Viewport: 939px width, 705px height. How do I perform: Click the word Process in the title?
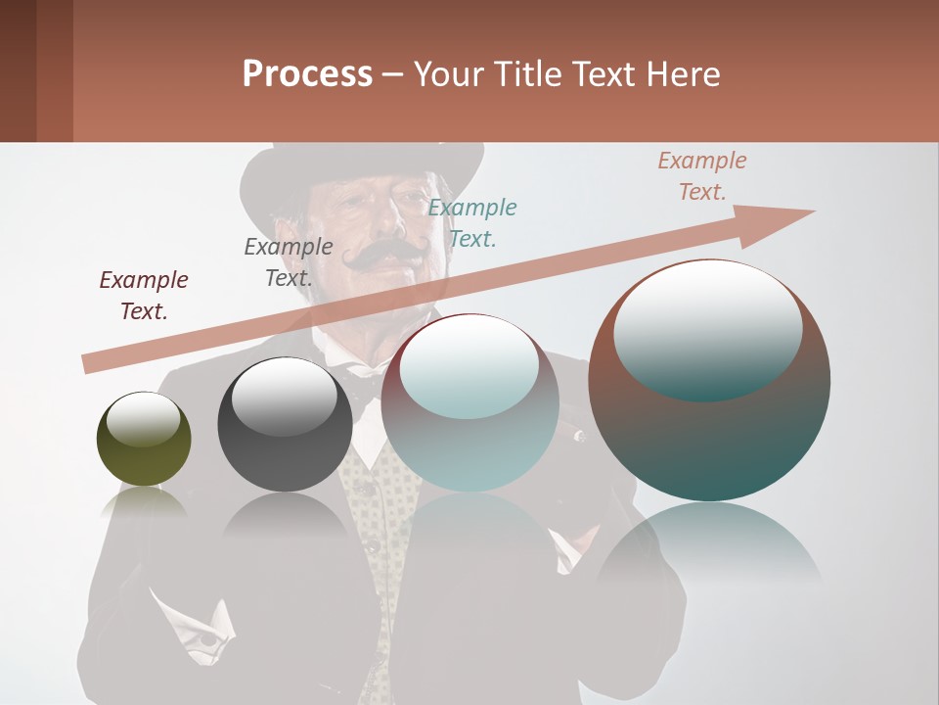[307, 74]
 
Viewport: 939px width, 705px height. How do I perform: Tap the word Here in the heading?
[684, 74]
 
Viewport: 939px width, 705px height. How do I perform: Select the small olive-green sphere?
[144, 440]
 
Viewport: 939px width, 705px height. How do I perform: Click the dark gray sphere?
[285, 425]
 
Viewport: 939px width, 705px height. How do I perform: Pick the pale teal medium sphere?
[470, 403]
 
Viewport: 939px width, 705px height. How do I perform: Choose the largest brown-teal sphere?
[709, 382]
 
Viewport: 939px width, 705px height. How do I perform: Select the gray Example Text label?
[288, 262]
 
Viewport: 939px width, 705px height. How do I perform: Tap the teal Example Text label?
[471, 222]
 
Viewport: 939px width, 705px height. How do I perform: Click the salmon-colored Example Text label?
[701, 176]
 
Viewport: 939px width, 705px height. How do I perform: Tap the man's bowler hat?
[362, 166]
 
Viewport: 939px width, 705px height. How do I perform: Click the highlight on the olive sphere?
[144, 417]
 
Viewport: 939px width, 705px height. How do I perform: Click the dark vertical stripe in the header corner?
[18, 70]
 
